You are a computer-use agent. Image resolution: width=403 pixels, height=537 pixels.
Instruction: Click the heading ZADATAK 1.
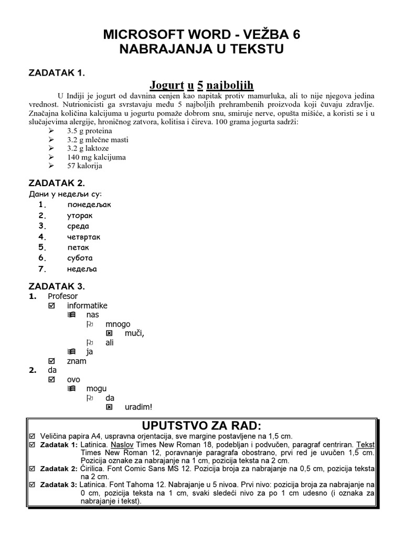(57, 72)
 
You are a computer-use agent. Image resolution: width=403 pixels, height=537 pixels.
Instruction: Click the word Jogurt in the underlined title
(167, 84)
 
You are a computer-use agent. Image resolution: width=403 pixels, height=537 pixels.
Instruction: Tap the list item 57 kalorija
(84, 166)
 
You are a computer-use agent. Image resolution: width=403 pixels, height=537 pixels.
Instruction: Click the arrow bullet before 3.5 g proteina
(51, 131)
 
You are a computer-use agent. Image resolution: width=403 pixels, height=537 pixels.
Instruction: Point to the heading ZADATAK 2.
(57, 183)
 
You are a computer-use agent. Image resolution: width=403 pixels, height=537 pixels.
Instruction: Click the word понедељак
(89, 205)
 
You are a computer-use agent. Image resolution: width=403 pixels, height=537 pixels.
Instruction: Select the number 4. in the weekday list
(43, 237)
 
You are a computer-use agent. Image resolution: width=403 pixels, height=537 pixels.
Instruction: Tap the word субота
(80, 258)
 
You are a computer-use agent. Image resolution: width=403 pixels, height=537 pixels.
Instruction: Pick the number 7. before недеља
(43, 269)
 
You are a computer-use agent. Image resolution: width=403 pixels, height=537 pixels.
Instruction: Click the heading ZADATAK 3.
(57, 286)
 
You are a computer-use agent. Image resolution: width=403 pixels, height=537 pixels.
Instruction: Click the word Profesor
(62, 296)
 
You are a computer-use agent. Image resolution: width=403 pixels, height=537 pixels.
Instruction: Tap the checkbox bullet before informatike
(51, 306)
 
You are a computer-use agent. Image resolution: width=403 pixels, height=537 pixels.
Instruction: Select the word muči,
(134, 333)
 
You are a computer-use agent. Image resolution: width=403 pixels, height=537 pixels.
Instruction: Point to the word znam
(77, 361)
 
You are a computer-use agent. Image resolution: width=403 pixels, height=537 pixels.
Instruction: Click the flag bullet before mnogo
(90, 324)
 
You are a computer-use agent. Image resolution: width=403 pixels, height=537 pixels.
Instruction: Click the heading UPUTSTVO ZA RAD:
(201, 425)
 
